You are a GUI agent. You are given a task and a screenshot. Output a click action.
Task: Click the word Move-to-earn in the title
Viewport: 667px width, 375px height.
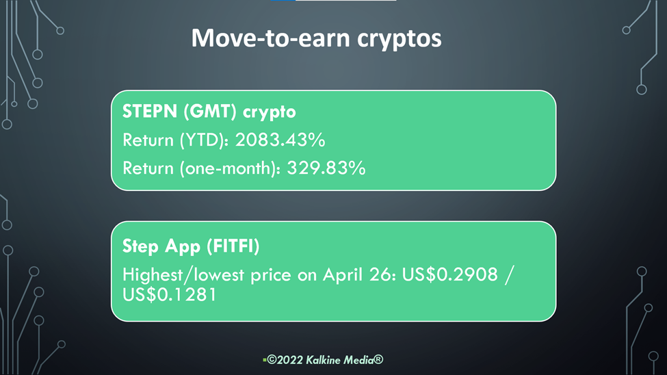pyautogui.click(x=270, y=38)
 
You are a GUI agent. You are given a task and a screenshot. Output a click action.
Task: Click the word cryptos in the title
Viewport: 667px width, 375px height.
pyautogui.click(x=399, y=40)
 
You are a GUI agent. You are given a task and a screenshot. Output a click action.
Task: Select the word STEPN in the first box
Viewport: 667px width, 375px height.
pyautogui.click(x=150, y=112)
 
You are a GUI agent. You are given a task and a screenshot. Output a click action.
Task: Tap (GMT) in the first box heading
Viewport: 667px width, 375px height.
pyautogui.click(x=210, y=112)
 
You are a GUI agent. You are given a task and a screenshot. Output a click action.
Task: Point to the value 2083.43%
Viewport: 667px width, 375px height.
pyautogui.click(x=280, y=140)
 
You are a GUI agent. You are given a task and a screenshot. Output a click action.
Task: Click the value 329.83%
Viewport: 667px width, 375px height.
pyautogui.click(x=326, y=168)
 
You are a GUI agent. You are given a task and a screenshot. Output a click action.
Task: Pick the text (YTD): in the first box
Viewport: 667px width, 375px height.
pyautogui.click(x=204, y=140)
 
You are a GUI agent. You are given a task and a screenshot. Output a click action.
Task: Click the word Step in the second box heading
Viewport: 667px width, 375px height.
pyautogui.click(x=140, y=247)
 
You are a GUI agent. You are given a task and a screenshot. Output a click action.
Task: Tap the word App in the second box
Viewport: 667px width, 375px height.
pyautogui.click(x=183, y=247)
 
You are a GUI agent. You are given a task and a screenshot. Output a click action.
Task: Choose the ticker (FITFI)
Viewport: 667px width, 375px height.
pyautogui.click(x=233, y=246)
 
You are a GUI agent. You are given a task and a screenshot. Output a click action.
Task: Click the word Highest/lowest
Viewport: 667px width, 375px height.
pyautogui.click(x=183, y=275)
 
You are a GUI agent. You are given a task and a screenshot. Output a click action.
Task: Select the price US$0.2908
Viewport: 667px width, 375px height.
pyautogui.click(x=449, y=274)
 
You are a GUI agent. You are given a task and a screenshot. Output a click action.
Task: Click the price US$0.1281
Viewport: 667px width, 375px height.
pyautogui.click(x=170, y=295)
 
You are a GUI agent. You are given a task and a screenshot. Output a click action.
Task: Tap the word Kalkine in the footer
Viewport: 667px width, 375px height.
pyautogui.click(x=324, y=360)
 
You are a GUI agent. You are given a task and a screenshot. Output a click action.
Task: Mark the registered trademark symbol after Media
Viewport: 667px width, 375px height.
pyautogui.click(x=378, y=360)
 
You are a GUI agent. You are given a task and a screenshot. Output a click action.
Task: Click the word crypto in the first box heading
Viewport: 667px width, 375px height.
pyautogui.click(x=270, y=113)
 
